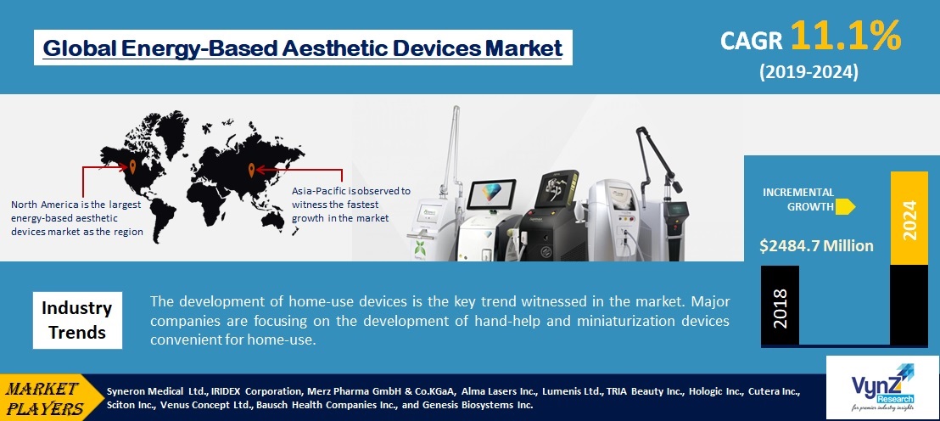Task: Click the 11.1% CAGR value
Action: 847,37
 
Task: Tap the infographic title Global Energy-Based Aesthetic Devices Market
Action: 303,48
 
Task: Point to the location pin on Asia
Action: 251,168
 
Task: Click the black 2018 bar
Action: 781,305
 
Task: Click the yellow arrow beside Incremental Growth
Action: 845,205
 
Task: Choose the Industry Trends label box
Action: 77,319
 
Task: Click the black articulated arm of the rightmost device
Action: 657,157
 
